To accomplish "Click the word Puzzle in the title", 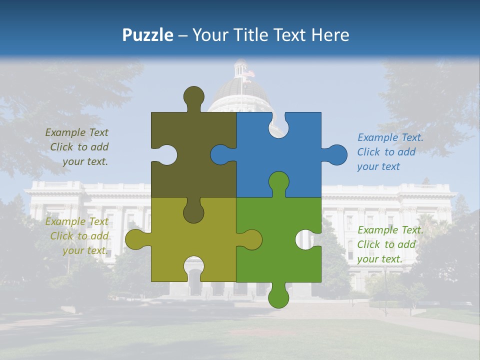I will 147,35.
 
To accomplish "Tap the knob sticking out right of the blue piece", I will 335,155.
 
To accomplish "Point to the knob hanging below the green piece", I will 278,296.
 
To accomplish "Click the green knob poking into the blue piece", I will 278,182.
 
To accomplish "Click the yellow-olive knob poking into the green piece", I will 251,240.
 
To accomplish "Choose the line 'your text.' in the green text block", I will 379,259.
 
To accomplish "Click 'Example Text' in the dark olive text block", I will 76,132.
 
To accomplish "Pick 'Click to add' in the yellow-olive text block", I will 79,236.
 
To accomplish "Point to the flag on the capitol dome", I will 248,74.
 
